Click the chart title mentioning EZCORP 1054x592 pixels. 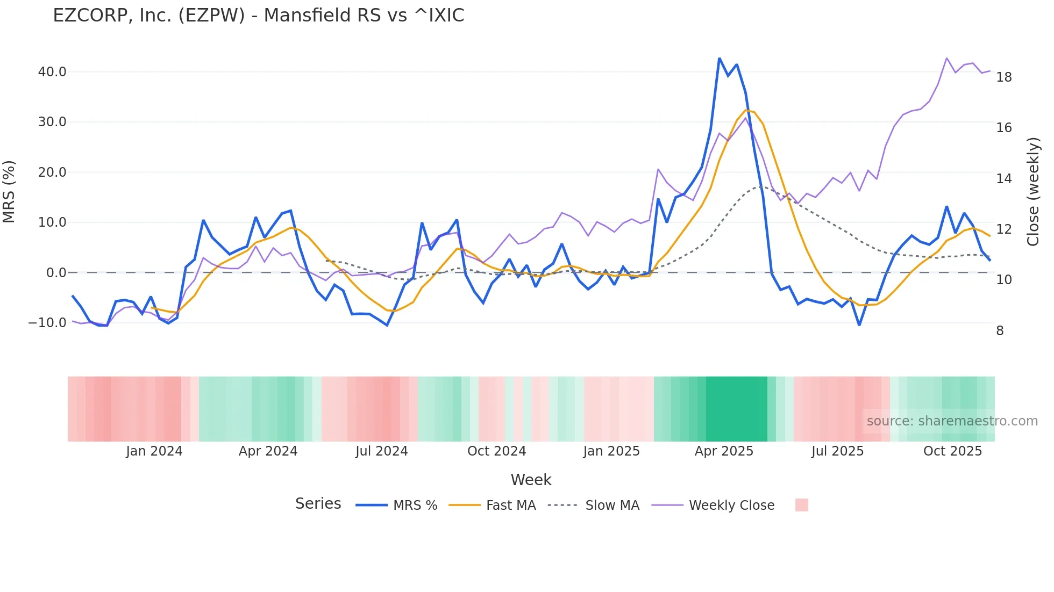tap(258, 16)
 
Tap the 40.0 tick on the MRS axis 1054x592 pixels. tap(52, 72)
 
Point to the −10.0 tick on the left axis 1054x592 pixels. tap(47, 323)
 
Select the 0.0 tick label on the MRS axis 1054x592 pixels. tap(56, 273)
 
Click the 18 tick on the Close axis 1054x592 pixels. tap(1003, 77)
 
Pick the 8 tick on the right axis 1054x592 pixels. tap(1000, 331)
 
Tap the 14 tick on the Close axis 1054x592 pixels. tap(1003, 179)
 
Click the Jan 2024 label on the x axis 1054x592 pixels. tap(154, 451)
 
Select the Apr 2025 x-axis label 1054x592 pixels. tap(724, 451)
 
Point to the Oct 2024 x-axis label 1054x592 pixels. tap(496, 451)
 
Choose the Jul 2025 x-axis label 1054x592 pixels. tap(837, 451)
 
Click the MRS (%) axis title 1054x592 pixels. tap(9, 192)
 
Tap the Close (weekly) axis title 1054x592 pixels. tap(1033, 192)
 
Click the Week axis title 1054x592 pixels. tap(531, 480)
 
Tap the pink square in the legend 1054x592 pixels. tap(801, 505)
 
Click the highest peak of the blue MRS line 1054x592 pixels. tap(720, 59)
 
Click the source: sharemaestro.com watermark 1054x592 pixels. tap(952, 421)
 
